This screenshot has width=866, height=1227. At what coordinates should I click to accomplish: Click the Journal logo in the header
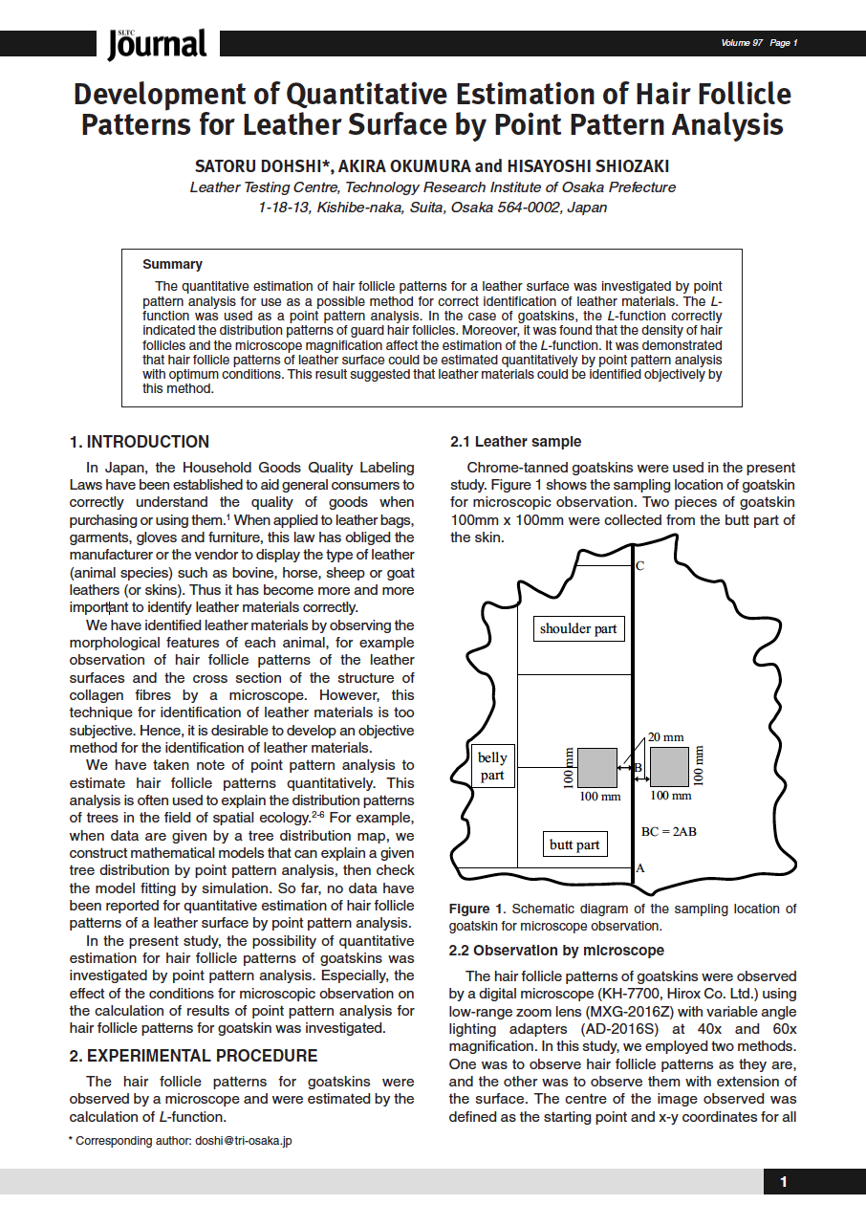point(157,43)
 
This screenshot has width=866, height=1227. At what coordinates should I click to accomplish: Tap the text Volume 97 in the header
point(743,43)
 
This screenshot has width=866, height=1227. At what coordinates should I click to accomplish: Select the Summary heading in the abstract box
point(172,264)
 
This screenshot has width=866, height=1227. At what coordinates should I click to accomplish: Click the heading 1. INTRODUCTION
point(140,442)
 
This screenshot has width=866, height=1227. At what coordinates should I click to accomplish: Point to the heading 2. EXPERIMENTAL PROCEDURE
point(193,1056)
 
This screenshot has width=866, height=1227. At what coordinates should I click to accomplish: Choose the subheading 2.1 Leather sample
point(515,442)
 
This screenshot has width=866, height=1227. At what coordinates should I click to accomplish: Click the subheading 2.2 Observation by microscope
point(556,951)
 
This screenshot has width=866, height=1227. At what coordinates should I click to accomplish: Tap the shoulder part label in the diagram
point(579,628)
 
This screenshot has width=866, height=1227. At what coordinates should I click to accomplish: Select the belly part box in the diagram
point(492,766)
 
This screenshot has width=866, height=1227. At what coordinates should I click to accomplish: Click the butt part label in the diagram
point(574,844)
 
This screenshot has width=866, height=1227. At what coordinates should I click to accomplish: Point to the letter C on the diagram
point(639,566)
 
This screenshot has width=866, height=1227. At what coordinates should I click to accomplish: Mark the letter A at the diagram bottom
point(639,869)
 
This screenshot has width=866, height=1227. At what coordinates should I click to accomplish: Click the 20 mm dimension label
point(665,737)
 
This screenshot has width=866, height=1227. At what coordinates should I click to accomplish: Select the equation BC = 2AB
point(668,831)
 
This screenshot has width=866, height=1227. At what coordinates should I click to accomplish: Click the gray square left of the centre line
point(598,767)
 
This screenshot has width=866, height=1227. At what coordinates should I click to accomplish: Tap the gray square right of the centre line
point(669,767)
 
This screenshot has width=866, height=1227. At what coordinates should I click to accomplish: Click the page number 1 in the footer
point(784,1182)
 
